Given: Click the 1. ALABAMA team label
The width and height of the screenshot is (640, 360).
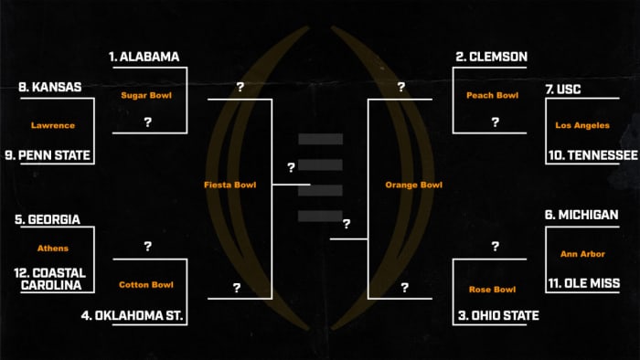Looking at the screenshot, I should click(x=144, y=57).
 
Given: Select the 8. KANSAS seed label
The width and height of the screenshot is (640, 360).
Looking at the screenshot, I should click(x=50, y=88).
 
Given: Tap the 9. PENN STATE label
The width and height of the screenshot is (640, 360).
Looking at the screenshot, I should click(x=55, y=155).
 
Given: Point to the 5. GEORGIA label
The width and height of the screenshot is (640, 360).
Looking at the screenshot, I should click(x=48, y=219).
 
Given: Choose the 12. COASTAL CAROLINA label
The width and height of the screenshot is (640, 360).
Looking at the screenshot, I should click(x=50, y=279).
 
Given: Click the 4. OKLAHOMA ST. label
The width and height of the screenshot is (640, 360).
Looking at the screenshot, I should click(x=140, y=317).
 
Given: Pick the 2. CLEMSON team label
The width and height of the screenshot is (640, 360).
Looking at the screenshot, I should click(x=491, y=57).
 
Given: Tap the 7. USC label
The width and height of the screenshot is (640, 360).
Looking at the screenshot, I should click(x=563, y=90).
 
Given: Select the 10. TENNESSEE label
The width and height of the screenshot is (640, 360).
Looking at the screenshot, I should click(x=592, y=155).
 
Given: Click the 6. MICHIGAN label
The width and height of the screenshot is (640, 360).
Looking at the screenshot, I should click(x=581, y=215).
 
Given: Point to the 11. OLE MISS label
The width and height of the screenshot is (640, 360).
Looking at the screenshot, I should click(x=583, y=283).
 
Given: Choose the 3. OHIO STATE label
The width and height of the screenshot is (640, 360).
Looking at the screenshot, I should click(x=496, y=316).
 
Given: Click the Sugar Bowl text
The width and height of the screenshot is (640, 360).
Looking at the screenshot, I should click(x=146, y=94).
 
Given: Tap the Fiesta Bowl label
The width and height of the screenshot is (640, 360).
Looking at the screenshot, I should click(x=229, y=185).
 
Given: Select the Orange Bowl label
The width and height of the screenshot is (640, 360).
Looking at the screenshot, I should click(x=414, y=185).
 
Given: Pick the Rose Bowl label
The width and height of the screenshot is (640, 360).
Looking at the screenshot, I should click(x=492, y=291).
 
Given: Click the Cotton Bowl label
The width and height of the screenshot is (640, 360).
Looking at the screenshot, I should click(x=146, y=285).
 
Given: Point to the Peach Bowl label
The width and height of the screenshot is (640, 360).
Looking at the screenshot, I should click(x=492, y=95).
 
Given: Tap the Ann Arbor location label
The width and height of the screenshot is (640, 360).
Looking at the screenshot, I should click(x=582, y=253).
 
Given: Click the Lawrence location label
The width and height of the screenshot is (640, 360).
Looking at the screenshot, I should click(x=52, y=125).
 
